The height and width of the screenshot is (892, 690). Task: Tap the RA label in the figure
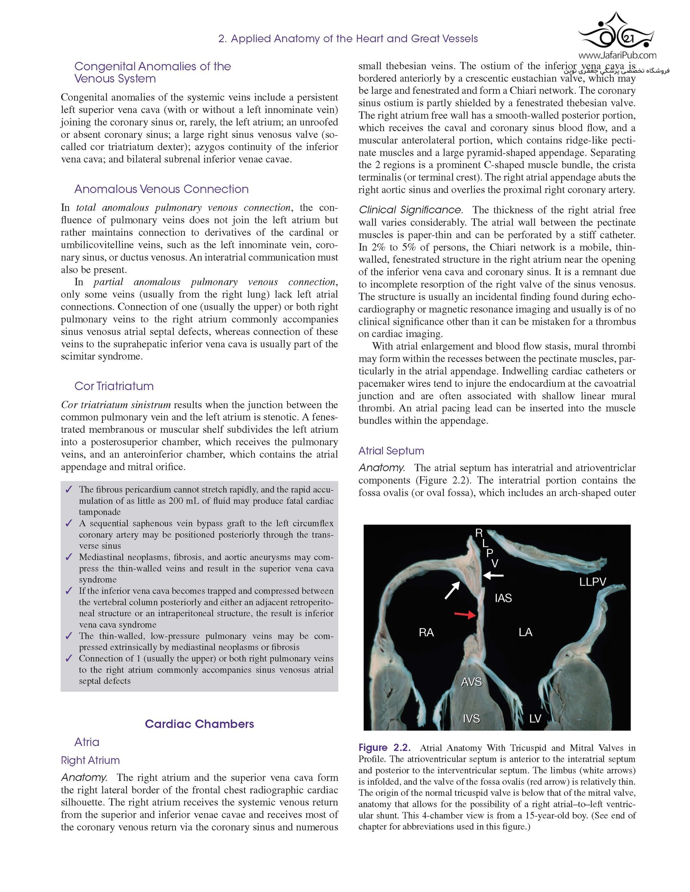click(426, 633)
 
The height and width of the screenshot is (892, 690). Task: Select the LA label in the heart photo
click(525, 632)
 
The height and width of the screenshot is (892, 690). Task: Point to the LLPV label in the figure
click(592, 582)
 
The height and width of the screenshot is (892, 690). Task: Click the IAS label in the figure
click(503, 598)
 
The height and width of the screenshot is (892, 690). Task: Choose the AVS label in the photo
click(472, 682)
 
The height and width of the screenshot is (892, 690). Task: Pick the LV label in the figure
click(535, 719)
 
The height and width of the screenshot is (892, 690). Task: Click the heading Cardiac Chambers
click(199, 724)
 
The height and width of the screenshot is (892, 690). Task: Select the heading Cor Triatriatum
click(114, 386)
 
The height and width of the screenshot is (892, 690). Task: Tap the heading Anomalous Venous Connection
click(161, 189)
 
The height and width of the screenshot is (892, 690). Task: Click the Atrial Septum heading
click(391, 451)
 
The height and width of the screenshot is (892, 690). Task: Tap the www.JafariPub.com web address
click(618, 55)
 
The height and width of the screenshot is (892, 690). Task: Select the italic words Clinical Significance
click(411, 210)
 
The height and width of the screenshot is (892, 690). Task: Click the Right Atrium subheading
click(90, 761)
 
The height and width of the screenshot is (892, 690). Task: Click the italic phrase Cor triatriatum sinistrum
click(116, 405)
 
